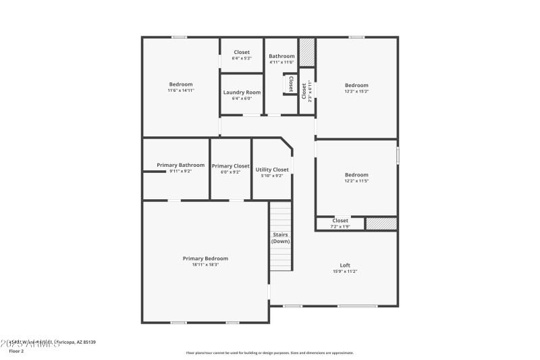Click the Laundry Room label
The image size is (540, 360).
click(x=242, y=93)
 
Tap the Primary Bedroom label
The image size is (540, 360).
click(x=205, y=258)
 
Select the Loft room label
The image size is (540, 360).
click(x=345, y=265)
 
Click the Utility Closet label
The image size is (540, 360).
click(x=272, y=170)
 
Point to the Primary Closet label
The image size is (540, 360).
click(x=231, y=166)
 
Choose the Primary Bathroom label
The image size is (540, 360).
click(x=180, y=165)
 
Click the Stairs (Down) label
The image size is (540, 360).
click(x=280, y=238)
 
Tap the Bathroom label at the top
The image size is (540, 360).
click(x=281, y=56)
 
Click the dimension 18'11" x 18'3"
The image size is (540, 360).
click(x=205, y=265)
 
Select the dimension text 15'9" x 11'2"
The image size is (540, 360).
click(x=345, y=272)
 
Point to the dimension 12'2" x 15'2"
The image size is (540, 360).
click(x=356, y=91)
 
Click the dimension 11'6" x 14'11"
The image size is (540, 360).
click(x=181, y=91)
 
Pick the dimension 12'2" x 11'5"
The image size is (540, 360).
click(x=356, y=181)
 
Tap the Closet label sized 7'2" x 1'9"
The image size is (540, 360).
click(x=340, y=221)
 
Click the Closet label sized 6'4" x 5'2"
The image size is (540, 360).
click(x=242, y=52)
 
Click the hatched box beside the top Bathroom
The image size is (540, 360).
click(x=307, y=52)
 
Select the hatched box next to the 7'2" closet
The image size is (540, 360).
click(x=381, y=224)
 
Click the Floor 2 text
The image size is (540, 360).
click(x=16, y=351)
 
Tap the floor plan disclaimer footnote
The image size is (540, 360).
click(x=269, y=353)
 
